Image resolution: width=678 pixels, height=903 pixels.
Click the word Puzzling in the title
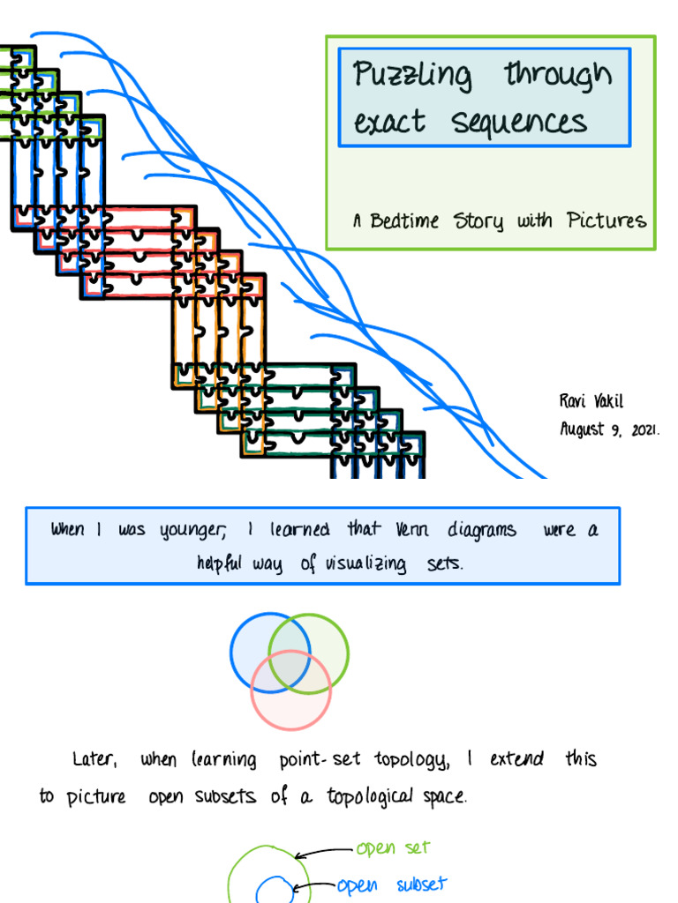click(412, 76)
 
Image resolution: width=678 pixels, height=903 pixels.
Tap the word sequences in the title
click(519, 121)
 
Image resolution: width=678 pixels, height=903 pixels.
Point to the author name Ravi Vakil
click(591, 401)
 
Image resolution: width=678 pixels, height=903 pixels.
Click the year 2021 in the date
click(644, 430)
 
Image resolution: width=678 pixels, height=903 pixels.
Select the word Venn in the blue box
click(414, 529)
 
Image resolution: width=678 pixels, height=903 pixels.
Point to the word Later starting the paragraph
click(93, 758)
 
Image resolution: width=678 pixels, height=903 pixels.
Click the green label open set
click(392, 848)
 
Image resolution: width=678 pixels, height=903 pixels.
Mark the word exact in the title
click(389, 122)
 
